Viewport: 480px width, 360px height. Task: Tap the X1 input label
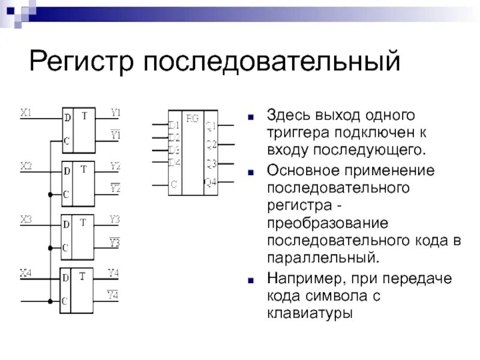click(26, 112)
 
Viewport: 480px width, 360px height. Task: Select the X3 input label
click(26, 220)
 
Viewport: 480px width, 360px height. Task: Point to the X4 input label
click(26, 274)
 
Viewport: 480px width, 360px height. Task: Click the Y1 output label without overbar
click(115, 112)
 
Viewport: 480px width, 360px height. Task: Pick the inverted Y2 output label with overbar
click(115, 188)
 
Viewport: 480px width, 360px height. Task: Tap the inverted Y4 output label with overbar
click(113, 295)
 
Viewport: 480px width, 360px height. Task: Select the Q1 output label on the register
click(211, 125)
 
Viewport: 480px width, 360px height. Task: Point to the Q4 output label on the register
click(210, 182)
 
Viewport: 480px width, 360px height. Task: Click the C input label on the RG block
click(173, 185)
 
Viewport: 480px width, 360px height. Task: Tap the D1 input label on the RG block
click(174, 125)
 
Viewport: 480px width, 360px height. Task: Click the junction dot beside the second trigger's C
click(49, 194)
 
